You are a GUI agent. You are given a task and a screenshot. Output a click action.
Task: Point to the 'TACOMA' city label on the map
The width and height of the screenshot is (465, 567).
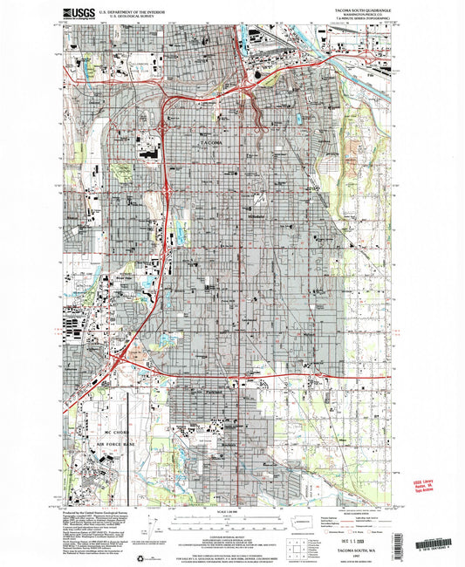tap(211, 141)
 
